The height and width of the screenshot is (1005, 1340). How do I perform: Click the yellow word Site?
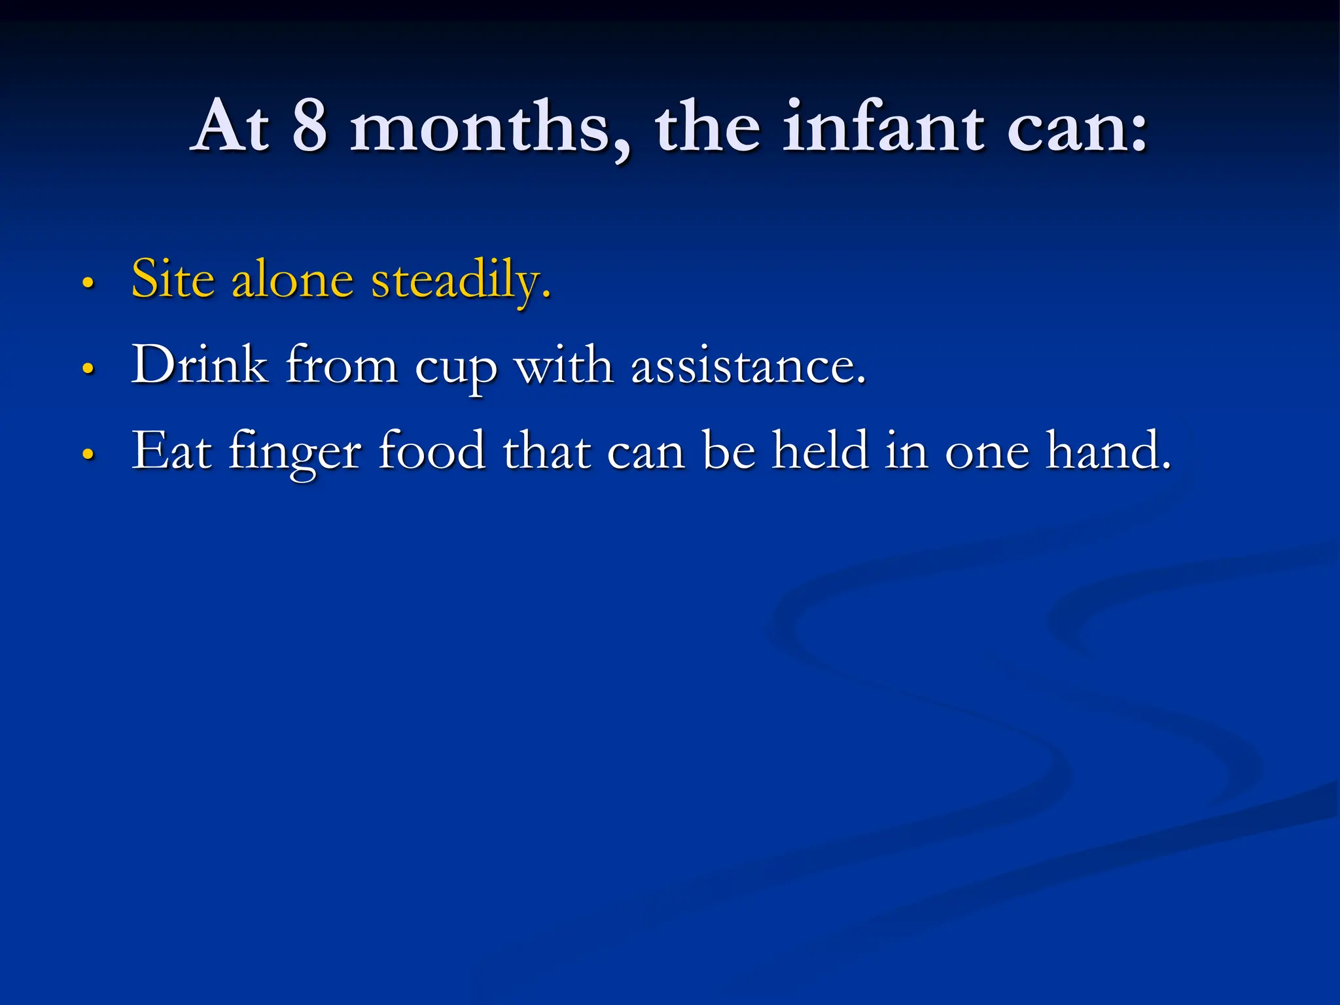click(173, 279)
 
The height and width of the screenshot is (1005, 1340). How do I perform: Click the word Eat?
click(171, 451)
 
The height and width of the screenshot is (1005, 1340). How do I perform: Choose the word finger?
click(294, 453)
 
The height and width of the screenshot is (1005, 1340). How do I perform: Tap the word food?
click(432, 451)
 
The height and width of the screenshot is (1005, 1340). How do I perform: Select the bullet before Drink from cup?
click(88, 368)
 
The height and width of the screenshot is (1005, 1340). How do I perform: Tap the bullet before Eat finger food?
click(88, 453)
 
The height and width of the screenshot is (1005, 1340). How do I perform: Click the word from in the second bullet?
click(342, 365)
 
